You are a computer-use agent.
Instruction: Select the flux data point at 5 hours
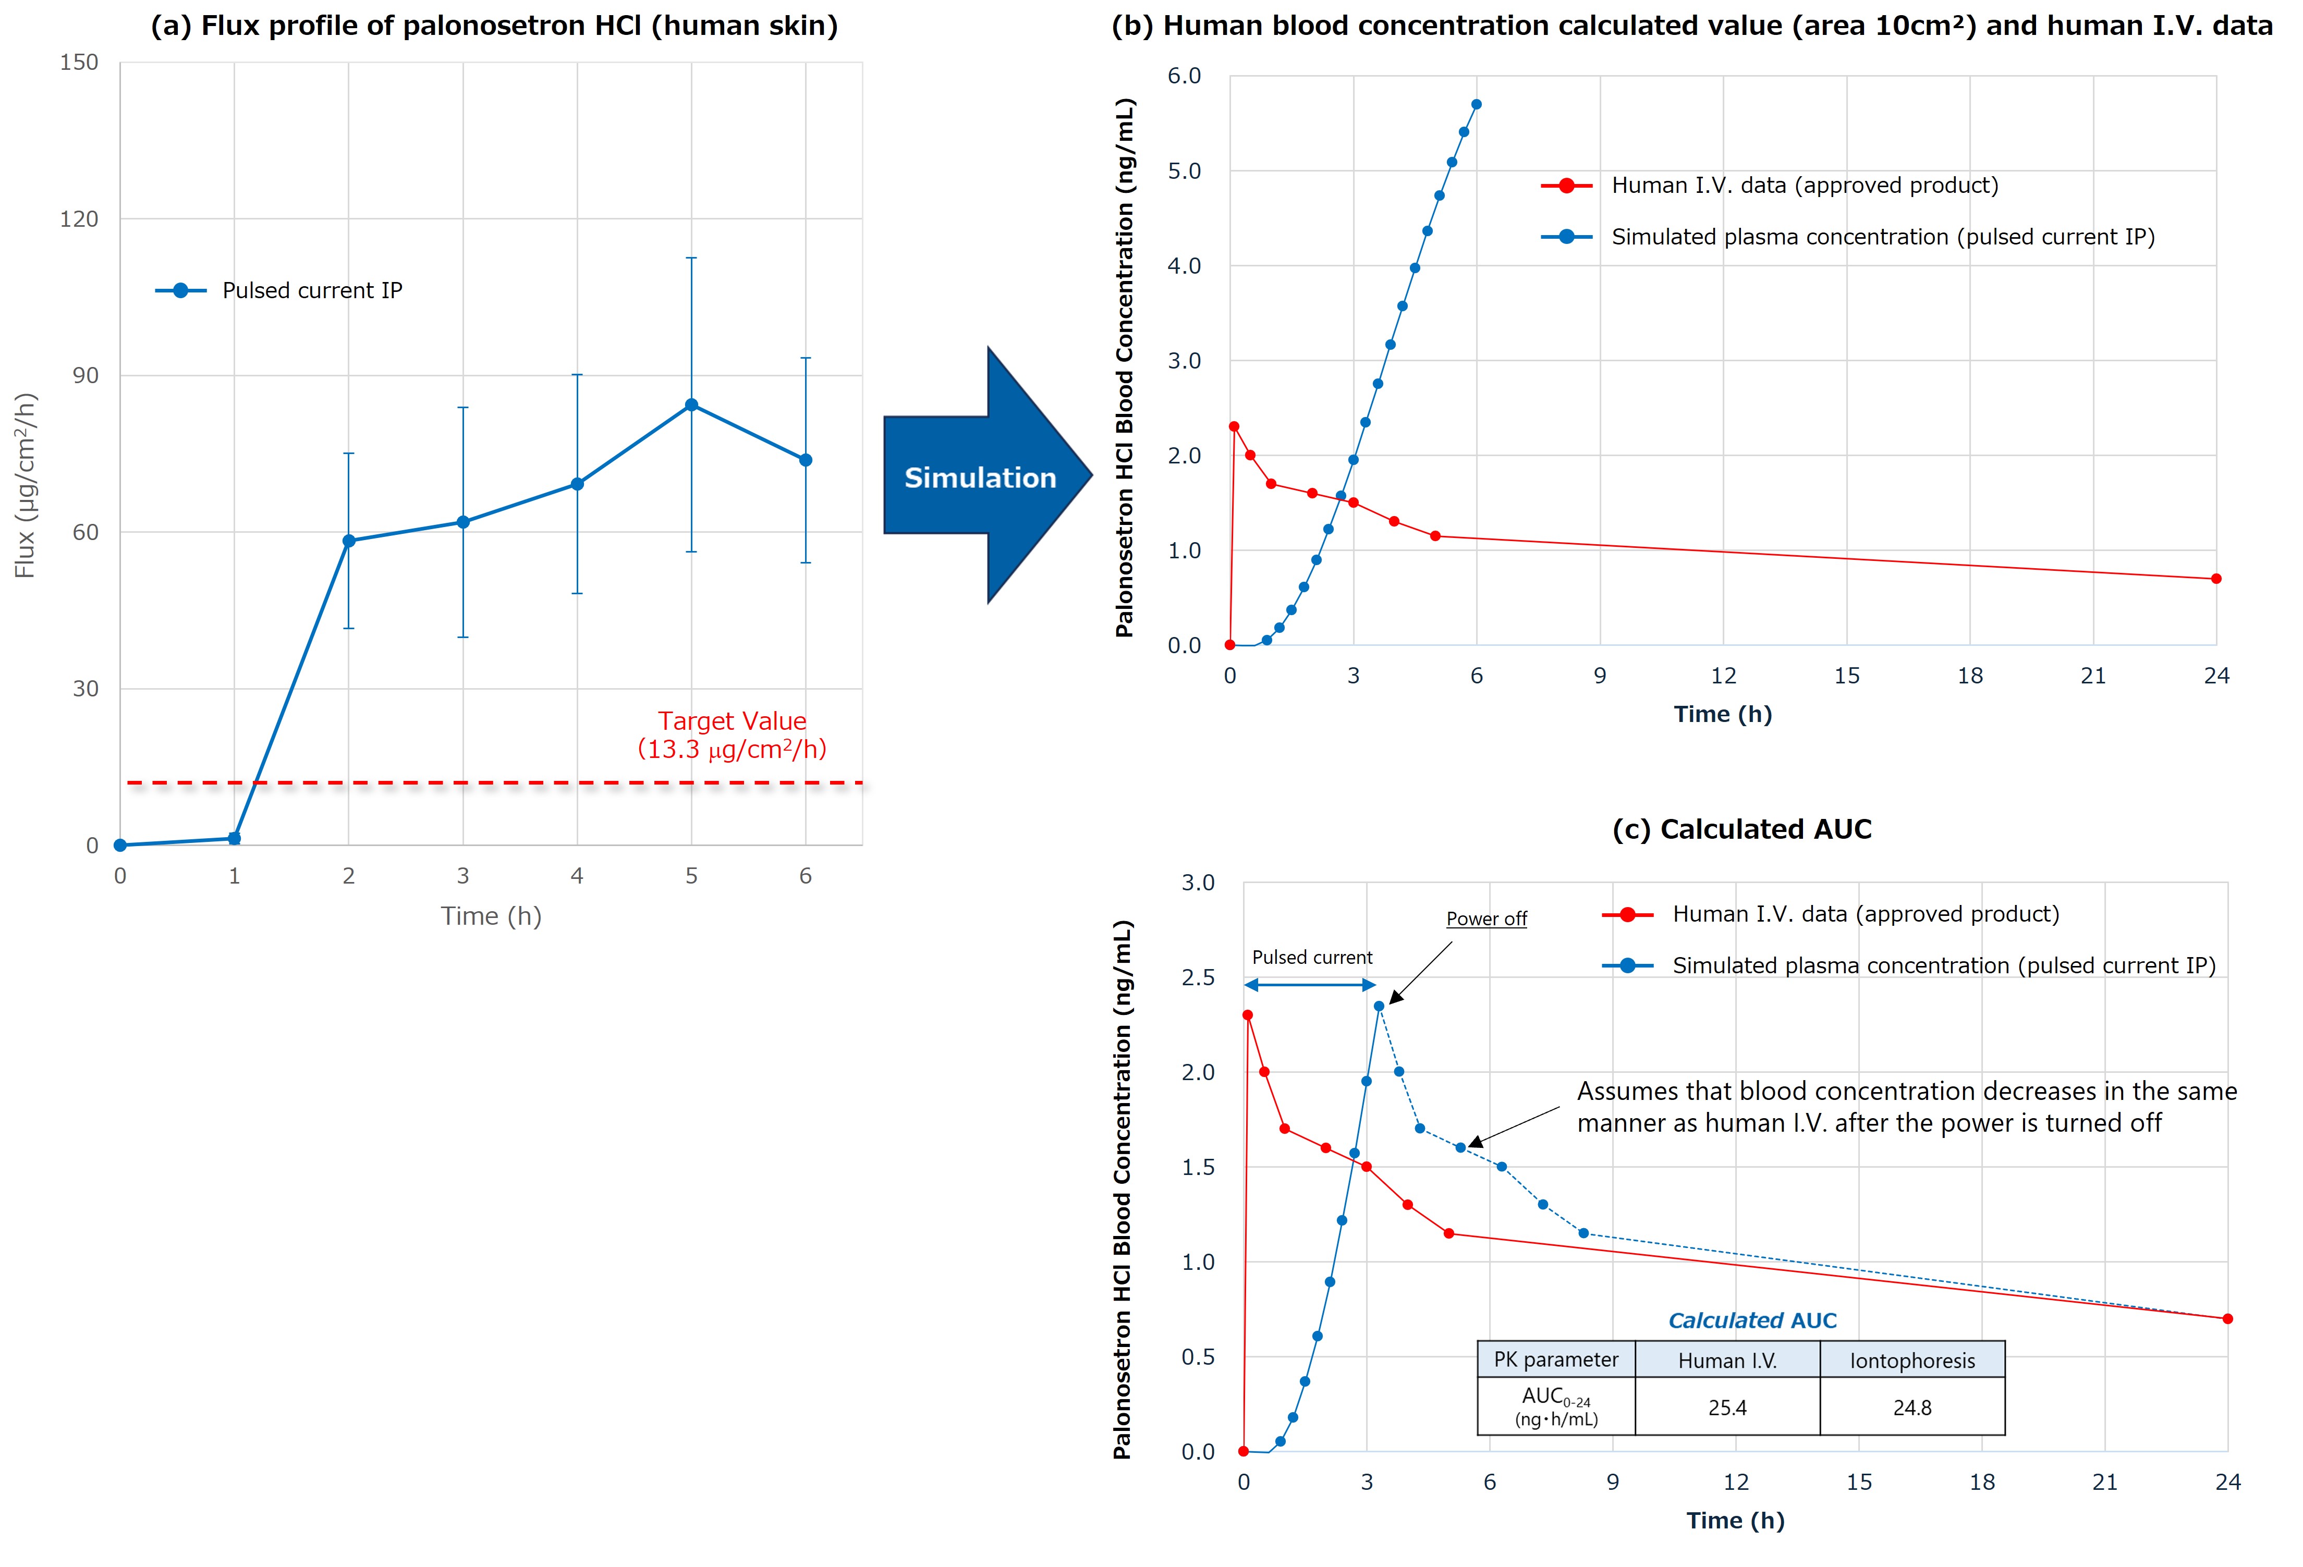coord(692,405)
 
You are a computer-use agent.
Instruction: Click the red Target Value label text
coord(733,735)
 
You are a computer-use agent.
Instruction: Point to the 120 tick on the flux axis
coord(79,219)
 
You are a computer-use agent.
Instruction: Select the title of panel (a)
coord(493,26)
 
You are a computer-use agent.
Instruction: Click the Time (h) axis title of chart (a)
coord(492,916)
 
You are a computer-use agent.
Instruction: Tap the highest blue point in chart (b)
coord(1477,104)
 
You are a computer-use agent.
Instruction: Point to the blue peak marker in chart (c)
coord(1379,1007)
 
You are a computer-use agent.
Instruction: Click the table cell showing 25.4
coord(1727,1407)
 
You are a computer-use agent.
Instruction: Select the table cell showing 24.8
coord(1912,1407)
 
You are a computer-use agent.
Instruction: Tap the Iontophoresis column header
coord(1912,1361)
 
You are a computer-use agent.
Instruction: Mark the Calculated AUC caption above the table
coord(1752,1320)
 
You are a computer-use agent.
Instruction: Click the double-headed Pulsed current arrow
coord(1310,985)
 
